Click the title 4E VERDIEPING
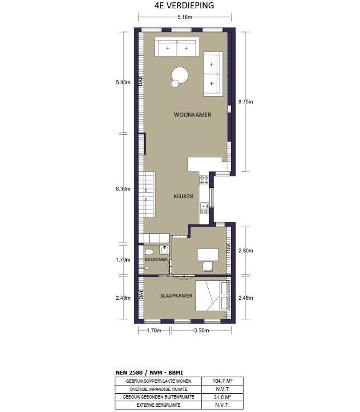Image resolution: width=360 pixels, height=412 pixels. point(184,5)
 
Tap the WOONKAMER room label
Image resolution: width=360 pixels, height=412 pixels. point(192,115)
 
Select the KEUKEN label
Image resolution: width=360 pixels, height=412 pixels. point(183,196)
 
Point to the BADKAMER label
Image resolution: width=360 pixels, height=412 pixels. point(156,259)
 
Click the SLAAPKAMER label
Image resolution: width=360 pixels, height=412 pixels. point(176,296)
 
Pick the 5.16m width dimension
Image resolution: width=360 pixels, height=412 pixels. point(185,17)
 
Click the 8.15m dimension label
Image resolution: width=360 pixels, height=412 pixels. point(246,102)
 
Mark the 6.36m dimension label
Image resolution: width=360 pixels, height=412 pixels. point(123,189)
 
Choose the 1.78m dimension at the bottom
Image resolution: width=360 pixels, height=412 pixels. point(154,330)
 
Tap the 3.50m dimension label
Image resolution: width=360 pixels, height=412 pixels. point(201,330)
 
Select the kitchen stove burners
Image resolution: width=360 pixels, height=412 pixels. point(204,180)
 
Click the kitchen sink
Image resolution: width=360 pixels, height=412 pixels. point(204,208)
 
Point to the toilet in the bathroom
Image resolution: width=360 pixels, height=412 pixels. point(148,252)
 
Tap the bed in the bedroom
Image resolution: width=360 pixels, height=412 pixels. point(212,296)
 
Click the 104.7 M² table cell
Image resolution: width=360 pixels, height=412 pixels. point(222,381)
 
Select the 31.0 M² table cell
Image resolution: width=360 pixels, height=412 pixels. point(222,397)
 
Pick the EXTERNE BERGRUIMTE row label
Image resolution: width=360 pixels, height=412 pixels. point(158,405)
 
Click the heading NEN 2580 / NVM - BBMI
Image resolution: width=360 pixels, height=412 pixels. point(149,373)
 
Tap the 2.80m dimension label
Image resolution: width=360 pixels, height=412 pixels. point(246,251)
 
